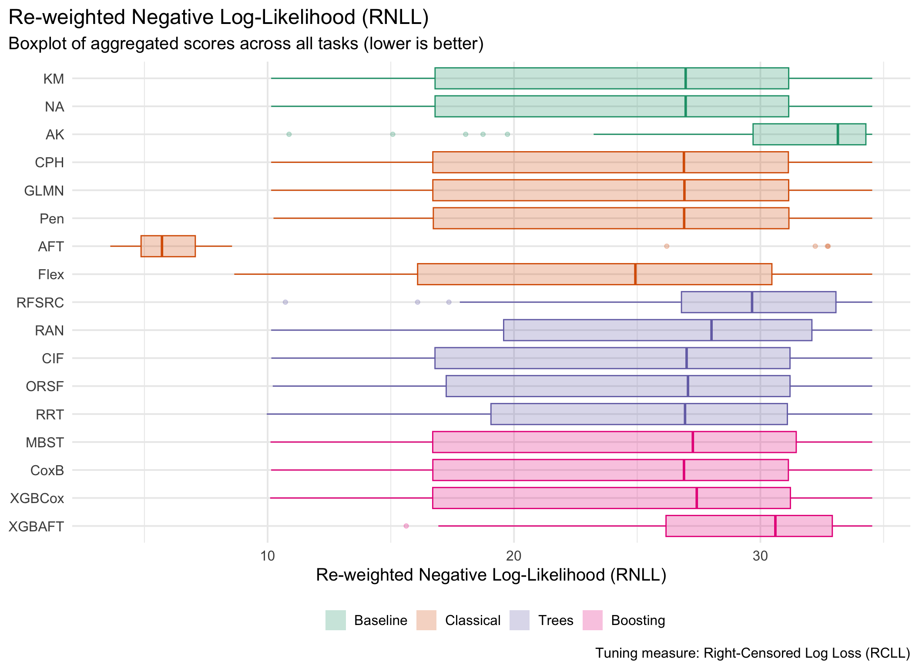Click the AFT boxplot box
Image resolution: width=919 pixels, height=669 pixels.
(168, 246)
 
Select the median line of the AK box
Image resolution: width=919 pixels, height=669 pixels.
(838, 134)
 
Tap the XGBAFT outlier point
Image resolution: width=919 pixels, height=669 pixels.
(406, 526)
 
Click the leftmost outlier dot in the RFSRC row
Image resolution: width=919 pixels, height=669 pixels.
(285, 302)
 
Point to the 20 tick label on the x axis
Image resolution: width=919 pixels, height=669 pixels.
(514, 556)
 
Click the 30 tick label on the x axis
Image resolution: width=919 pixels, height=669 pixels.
(760, 556)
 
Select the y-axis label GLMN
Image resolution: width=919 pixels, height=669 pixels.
(44, 191)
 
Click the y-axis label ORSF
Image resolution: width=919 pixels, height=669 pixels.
(45, 386)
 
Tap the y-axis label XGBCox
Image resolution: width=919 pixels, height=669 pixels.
(37, 498)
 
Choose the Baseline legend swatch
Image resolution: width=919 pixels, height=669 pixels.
(335, 620)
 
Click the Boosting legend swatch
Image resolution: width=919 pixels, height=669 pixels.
(592, 620)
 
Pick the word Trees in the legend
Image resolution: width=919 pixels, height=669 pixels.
(556, 620)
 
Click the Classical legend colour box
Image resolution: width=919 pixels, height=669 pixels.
(426, 620)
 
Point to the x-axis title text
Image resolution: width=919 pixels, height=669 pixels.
(491, 575)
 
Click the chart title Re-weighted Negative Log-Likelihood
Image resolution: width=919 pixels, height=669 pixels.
(218, 17)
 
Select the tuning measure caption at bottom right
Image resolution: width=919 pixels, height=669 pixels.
(752, 653)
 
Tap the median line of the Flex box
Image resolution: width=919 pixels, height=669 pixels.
(635, 274)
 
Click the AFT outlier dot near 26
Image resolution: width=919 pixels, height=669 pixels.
(667, 247)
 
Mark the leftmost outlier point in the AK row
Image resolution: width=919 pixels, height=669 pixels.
(289, 134)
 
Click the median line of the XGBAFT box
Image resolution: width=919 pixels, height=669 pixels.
(775, 526)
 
